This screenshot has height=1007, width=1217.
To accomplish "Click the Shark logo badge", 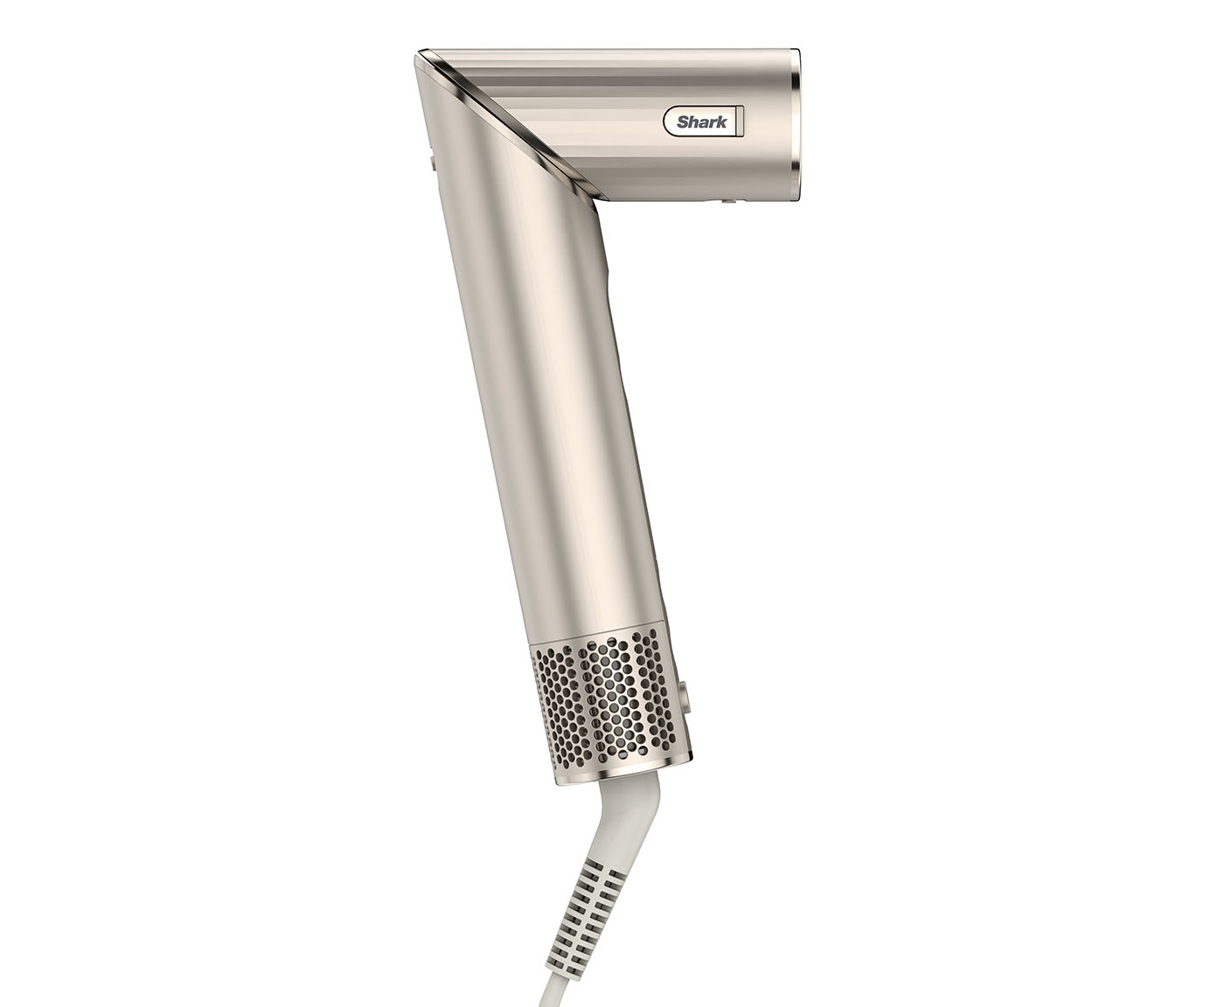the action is [x=704, y=122].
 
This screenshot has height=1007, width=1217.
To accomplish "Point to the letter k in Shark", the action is [x=721, y=122].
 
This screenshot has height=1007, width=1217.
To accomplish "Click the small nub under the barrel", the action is [x=728, y=200].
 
